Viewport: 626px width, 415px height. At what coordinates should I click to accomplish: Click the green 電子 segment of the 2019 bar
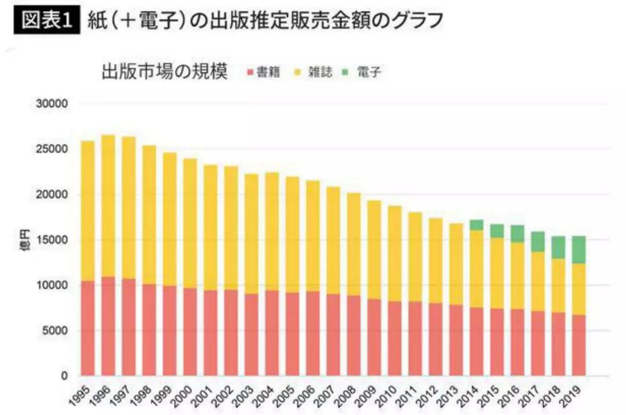[578, 250]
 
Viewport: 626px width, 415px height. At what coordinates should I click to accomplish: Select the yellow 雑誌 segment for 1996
[108, 206]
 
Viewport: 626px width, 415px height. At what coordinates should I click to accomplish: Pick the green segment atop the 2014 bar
[476, 225]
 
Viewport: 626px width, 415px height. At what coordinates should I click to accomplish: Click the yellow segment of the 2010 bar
[395, 253]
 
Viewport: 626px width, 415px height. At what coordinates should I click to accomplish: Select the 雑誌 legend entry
[315, 72]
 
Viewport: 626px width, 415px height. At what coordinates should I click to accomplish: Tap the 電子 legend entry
[365, 72]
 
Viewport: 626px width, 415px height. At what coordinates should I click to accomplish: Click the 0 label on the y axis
[65, 376]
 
